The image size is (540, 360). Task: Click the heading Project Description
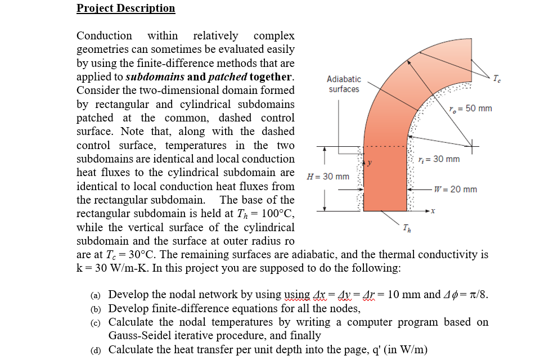pyautogui.click(x=125, y=8)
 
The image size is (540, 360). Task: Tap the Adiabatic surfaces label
pyautogui.click(x=344, y=84)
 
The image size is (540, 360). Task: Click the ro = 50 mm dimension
pyautogui.click(x=471, y=108)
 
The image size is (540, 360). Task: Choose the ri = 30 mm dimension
pyautogui.click(x=439, y=159)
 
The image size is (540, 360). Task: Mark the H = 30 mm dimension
pyautogui.click(x=327, y=177)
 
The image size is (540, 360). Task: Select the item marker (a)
pyautogui.click(x=97, y=295)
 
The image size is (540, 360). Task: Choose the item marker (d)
pyautogui.click(x=97, y=350)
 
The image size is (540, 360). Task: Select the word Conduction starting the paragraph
pyautogui.click(x=104, y=36)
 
